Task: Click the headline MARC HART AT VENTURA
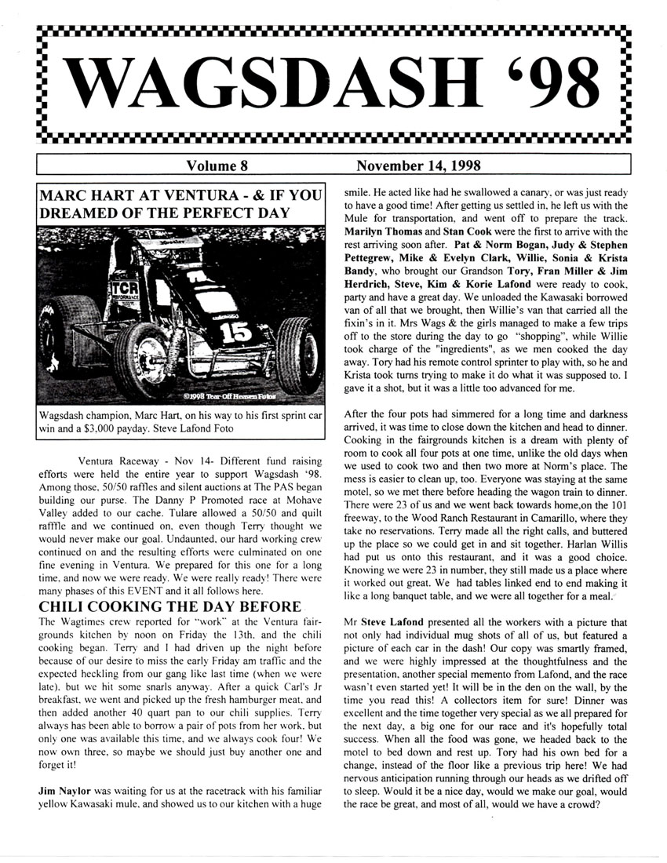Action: click(118, 193)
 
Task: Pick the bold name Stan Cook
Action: click(462, 231)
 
